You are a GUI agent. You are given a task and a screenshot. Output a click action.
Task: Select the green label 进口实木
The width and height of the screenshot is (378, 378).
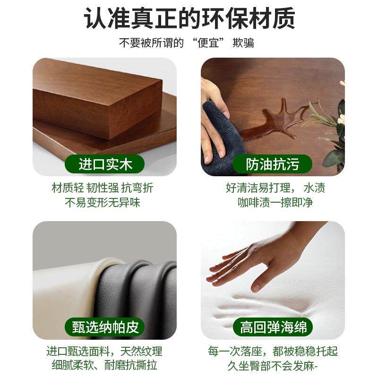105,164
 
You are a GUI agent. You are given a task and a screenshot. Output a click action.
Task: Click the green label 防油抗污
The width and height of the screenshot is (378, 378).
273,164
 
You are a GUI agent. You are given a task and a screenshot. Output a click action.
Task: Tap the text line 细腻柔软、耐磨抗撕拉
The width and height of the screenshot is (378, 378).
104,365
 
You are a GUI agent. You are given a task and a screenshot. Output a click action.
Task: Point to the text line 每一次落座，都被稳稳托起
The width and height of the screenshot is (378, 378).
273,351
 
